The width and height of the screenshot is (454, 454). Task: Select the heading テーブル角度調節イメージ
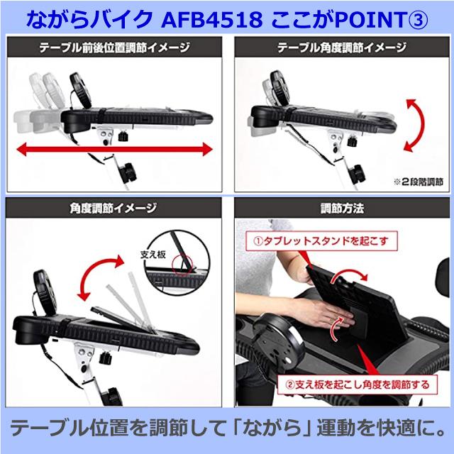coord(342,49)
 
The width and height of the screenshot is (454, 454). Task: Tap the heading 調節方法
coord(342,210)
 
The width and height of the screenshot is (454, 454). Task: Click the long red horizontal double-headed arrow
coord(114,150)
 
